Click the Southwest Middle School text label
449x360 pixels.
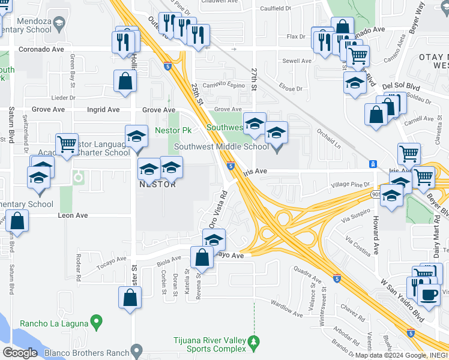[221, 146]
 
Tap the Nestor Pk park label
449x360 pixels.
[173, 130]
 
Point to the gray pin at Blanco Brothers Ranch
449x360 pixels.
[137, 349]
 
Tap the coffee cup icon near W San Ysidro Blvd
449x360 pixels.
[429, 293]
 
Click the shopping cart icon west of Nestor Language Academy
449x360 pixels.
[67, 143]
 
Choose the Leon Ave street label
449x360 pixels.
[73, 215]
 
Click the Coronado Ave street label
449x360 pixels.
[41, 49]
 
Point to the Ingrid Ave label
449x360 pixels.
[103, 110]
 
